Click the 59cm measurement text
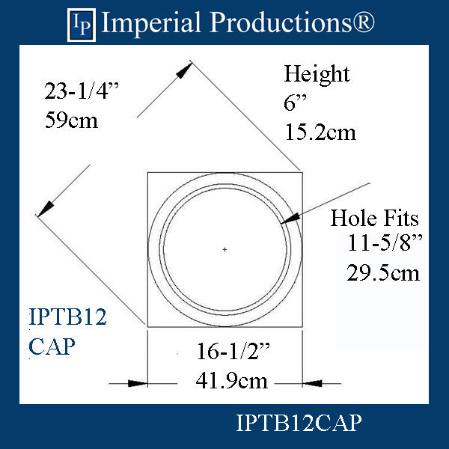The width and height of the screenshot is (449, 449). [71, 120]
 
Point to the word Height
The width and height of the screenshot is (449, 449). [317, 74]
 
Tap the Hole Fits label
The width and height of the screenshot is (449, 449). [374, 219]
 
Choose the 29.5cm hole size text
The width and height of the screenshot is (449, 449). [383, 272]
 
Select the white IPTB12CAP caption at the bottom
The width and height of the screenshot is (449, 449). [299, 424]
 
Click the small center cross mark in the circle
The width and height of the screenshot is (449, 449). [224, 248]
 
